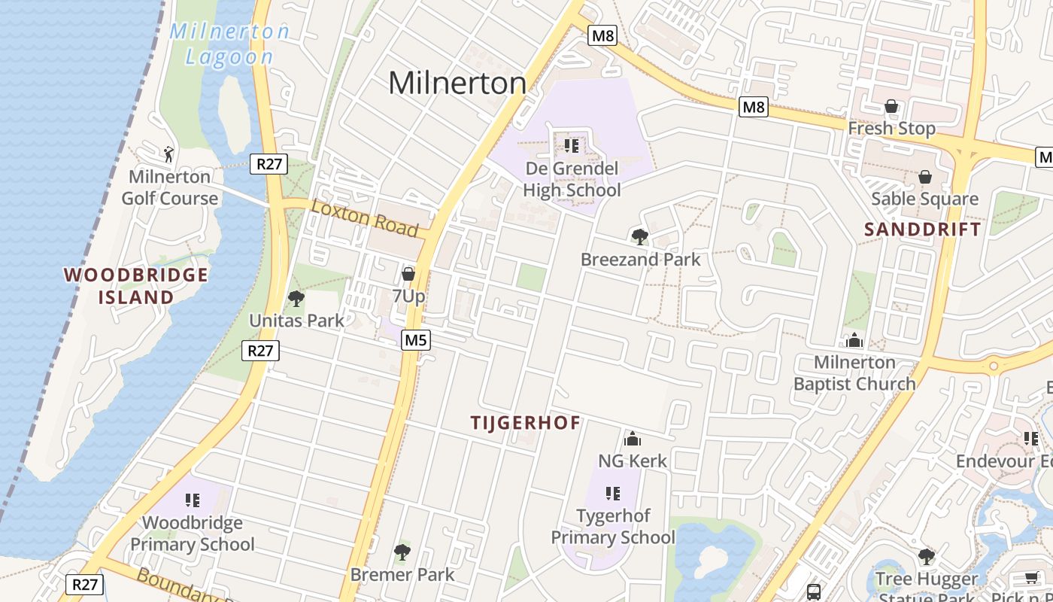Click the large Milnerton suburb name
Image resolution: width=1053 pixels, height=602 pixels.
pos(457,83)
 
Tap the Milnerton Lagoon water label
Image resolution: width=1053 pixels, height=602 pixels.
pos(229,44)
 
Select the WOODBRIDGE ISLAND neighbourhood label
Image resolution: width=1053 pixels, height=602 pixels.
pos(136,286)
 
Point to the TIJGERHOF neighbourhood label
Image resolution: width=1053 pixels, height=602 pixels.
pos(526,423)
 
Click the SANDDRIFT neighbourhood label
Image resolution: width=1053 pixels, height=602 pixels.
pos(922,230)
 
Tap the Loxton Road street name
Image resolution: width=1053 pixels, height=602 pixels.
pos(364,217)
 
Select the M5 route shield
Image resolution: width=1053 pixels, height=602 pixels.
pos(415,340)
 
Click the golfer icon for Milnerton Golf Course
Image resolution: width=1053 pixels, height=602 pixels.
pos(168,154)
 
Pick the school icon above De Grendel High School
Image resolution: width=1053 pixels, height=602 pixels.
pos(572,144)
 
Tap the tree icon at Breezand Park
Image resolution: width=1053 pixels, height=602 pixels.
pos(640,237)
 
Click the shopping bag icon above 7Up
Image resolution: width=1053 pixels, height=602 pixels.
pos(408,274)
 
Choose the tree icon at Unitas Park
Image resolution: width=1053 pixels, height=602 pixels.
pos(296,298)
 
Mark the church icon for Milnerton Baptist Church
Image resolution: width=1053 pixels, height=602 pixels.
pos(854,340)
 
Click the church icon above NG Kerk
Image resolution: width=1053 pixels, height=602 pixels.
pos(633,438)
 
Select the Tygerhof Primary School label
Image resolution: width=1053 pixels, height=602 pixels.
pos(613,527)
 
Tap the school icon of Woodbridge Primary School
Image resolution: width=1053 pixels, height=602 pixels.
pos(193,500)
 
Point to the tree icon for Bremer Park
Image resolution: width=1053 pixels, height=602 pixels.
pos(402,552)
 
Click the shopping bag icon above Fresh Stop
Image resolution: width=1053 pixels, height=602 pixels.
pos(891,106)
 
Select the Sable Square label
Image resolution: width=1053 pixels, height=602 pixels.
pos(924,199)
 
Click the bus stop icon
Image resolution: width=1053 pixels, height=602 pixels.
pos(814,591)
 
